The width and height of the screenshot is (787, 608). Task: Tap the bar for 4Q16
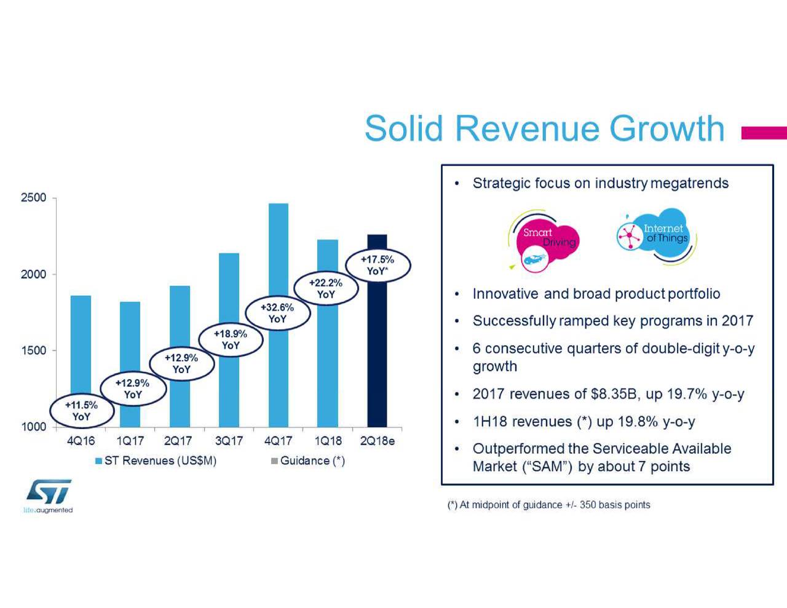click(x=81, y=344)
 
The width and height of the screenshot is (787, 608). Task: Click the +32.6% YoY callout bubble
click(x=277, y=313)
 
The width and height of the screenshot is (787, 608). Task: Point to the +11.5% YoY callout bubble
click(x=81, y=411)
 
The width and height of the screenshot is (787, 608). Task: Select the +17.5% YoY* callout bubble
click(x=377, y=265)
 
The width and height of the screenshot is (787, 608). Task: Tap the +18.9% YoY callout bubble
click(x=231, y=339)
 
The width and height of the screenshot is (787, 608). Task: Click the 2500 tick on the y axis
click(x=34, y=198)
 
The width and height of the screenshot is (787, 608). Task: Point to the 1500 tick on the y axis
click(x=34, y=350)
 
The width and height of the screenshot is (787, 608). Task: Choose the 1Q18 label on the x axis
click(x=328, y=441)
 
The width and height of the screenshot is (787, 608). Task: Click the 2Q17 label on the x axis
click(x=178, y=441)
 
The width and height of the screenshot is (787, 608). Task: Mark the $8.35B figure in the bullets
click(x=612, y=394)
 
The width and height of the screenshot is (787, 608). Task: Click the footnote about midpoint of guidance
click(x=548, y=505)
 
